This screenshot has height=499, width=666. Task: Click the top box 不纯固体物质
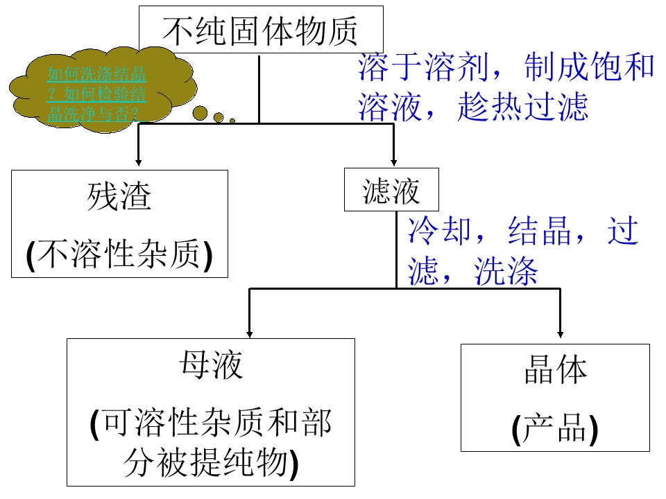[262, 29]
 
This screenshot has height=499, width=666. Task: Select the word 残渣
[119, 196]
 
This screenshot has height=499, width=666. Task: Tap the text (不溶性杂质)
[119, 254]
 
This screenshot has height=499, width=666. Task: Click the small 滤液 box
[391, 190]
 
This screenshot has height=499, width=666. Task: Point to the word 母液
[211, 365]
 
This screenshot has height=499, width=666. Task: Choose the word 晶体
[556, 369]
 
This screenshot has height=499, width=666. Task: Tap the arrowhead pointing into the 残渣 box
[139, 162]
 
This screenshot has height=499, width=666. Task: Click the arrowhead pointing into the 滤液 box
[394, 162]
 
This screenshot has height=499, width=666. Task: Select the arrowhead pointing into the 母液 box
[249, 334]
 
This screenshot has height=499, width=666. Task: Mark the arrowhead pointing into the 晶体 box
[561, 334]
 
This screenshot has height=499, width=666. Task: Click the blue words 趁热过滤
[522, 107]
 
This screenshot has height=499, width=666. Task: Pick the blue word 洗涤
[506, 272]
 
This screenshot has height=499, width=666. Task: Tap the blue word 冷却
[439, 231]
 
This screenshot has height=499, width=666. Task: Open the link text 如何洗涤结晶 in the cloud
[96, 74]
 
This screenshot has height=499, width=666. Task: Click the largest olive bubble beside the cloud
[200, 113]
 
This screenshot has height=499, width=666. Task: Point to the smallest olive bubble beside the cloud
[232, 121]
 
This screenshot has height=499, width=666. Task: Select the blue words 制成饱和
[590, 67]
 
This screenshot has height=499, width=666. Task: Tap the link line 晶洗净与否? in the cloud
[93, 114]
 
